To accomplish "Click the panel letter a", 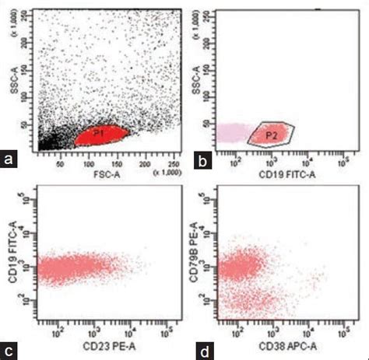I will coord(10,160).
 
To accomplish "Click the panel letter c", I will coord(10,349).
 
